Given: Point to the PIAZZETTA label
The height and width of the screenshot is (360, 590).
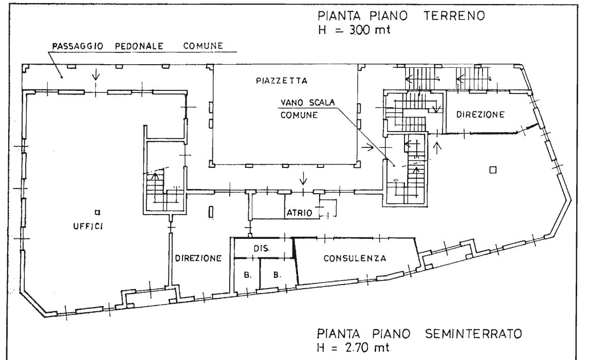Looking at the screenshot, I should [x=281, y=81].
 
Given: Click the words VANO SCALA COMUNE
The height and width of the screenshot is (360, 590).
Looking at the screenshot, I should [x=307, y=109].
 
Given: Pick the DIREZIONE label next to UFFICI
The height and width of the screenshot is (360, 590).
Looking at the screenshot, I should [x=197, y=258].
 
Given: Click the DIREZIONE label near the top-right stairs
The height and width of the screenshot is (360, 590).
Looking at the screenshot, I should [x=481, y=115].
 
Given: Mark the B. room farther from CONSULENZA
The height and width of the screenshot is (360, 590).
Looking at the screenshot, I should [x=247, y=275].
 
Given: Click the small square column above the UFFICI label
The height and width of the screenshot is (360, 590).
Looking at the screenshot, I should [x=97, y=212].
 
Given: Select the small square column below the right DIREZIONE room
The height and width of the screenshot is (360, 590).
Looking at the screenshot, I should [x=492, y=169].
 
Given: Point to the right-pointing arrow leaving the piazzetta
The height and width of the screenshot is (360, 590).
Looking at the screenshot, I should [x=368, y=147].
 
